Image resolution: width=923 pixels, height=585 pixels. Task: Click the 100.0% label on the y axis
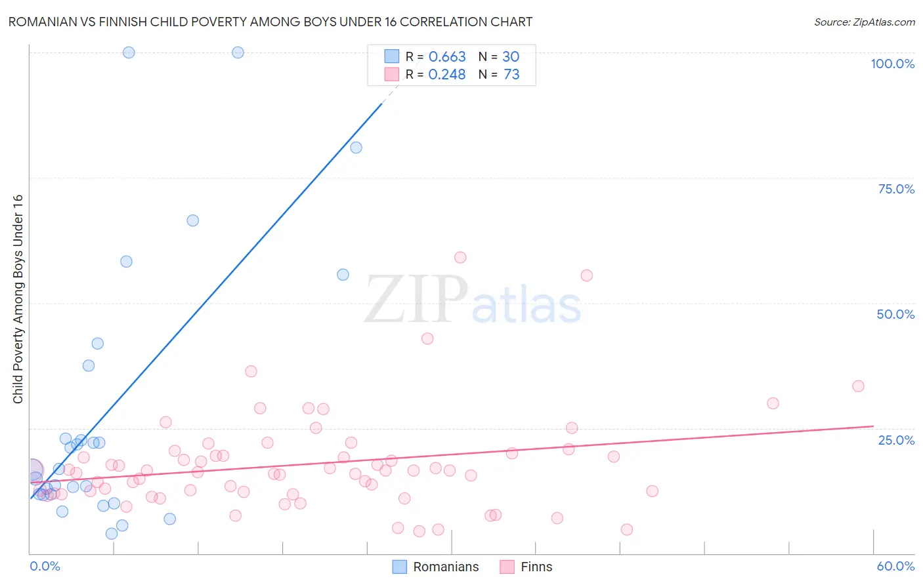tap(892, 64)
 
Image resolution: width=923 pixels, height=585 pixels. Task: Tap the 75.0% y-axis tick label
tap(896, 189)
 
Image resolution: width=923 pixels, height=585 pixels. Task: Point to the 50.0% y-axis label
tap(895, 314)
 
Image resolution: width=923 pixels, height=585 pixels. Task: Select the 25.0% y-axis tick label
tap(896, 440)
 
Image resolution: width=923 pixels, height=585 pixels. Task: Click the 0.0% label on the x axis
tap(45, 566)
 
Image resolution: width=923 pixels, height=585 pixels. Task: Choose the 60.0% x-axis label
tap(895, 566)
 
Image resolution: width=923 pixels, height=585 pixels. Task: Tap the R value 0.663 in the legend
tap(447, 57)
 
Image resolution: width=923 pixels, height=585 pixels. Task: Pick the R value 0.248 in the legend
tap(447, 75)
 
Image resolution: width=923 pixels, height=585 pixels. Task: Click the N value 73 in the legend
tap(511, 75)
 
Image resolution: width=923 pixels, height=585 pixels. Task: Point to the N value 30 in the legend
tap(511, 57)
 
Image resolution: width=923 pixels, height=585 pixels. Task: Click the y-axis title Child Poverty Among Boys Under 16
tap(18, 299)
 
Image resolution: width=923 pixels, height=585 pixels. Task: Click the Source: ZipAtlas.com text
tap(864, 22)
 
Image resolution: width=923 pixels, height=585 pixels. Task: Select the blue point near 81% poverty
tap(356, 148)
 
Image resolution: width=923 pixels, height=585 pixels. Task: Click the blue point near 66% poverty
tap(192, 220)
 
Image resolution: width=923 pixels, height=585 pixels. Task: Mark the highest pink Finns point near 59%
tap(460, 258)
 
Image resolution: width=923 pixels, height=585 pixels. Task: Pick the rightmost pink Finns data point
tap(858, 386)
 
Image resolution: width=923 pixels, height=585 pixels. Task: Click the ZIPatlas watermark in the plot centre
tap(473, 300)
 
